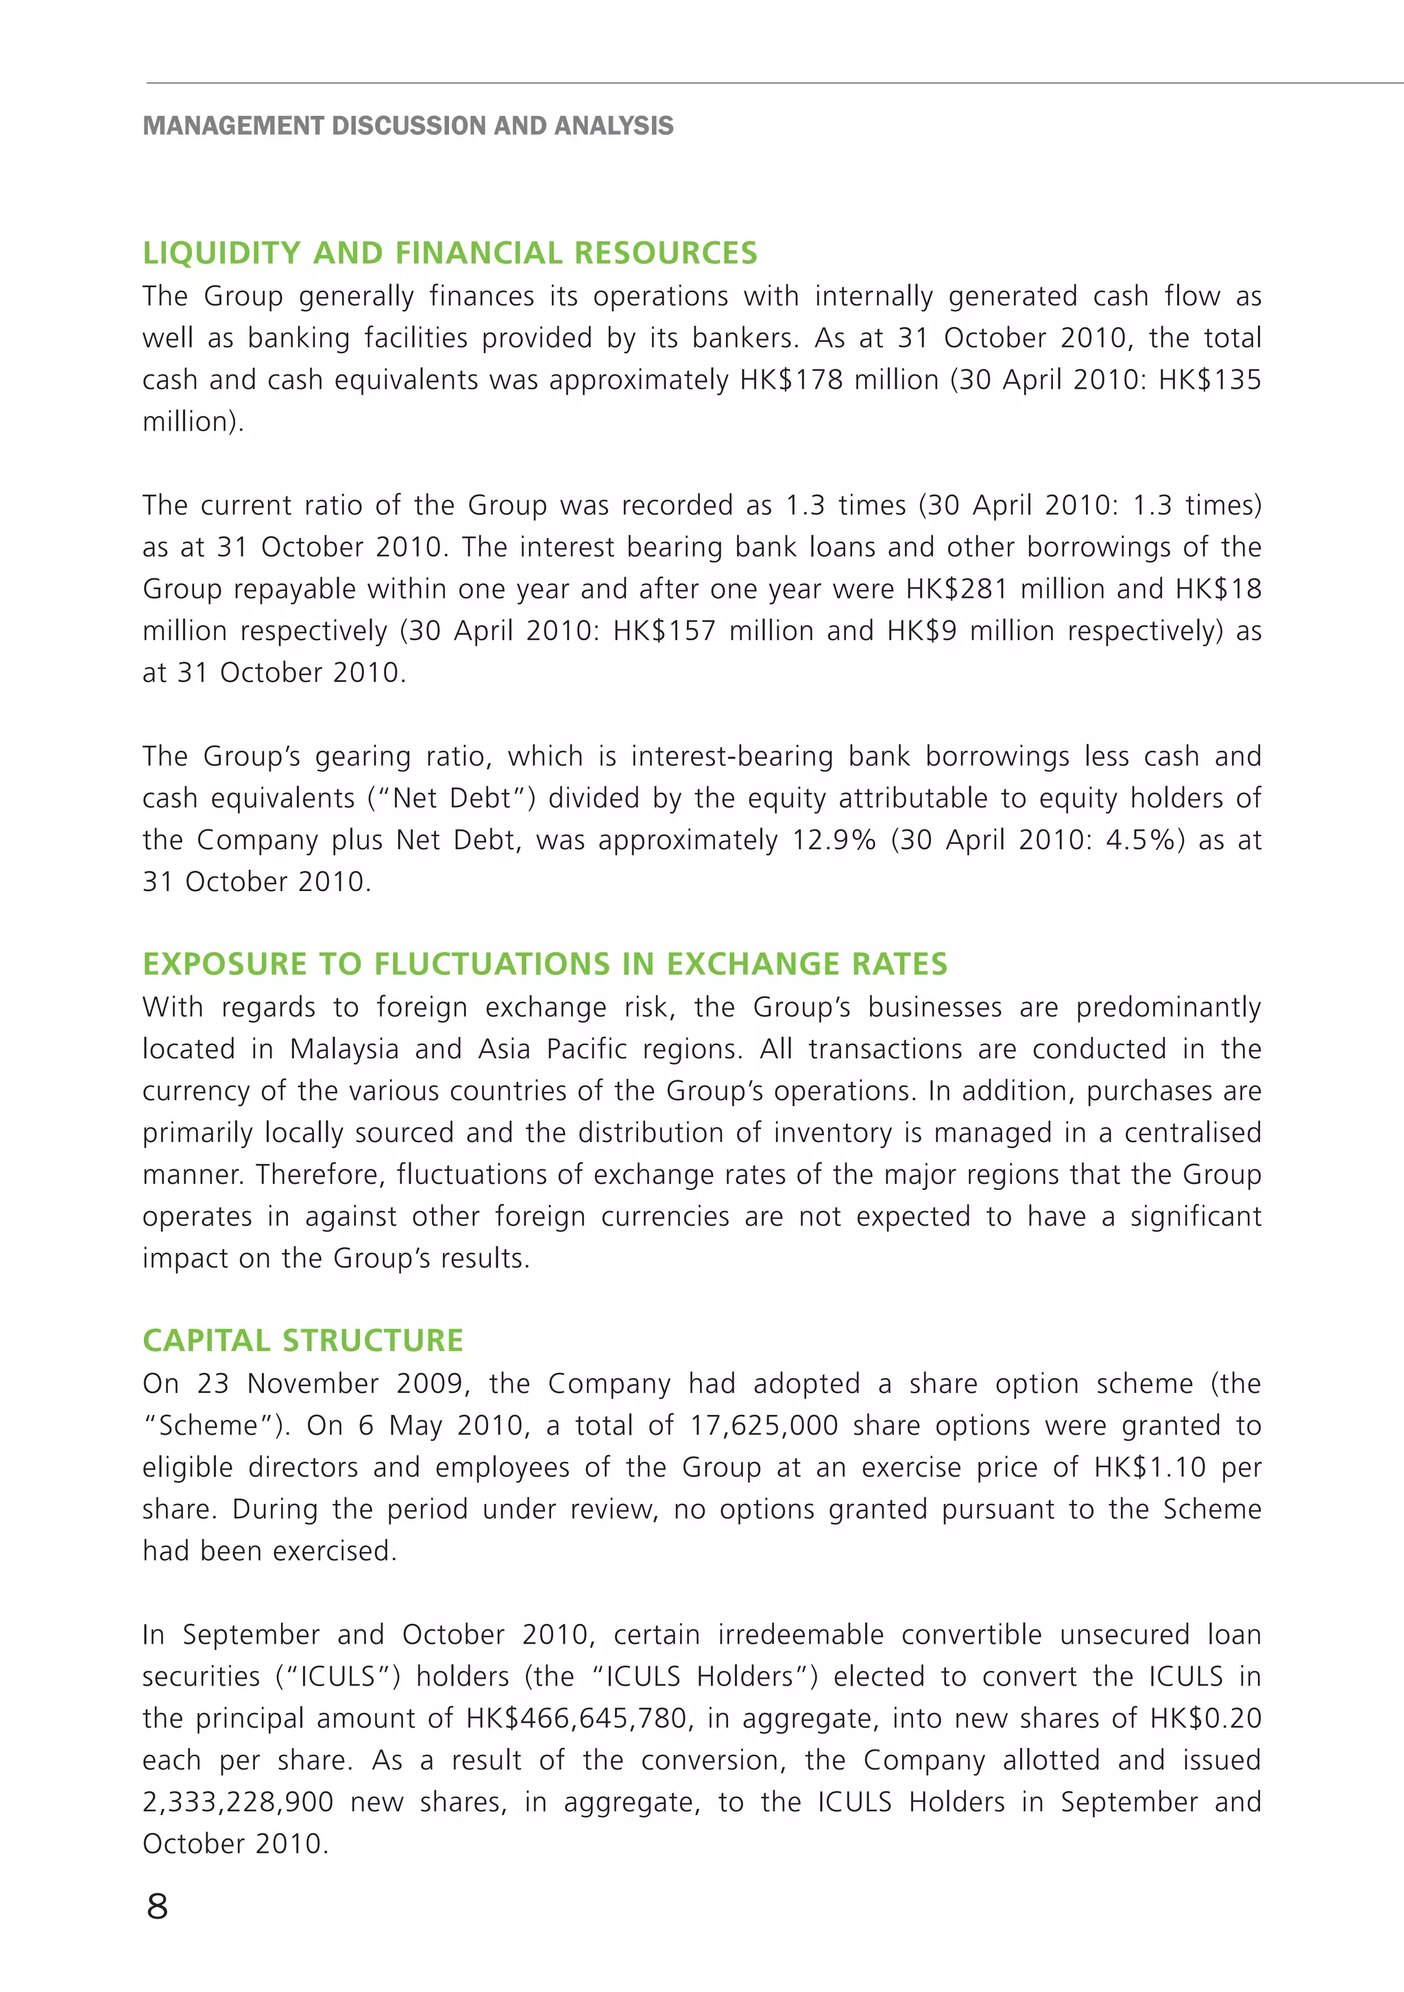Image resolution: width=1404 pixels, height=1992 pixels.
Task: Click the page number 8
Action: pos(158,1906)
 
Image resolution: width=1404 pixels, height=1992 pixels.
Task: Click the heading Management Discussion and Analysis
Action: pos(408,126)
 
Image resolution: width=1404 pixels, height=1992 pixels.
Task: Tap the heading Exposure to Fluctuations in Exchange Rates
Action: pos(544,964)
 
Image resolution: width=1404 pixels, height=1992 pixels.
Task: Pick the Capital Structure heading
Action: pos(303,1340)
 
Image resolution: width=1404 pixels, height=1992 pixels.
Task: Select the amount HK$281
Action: pos(956,589)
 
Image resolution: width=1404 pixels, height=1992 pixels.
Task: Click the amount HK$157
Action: pos(664,631)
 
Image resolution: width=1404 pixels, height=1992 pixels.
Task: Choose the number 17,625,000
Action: pos(764,1426)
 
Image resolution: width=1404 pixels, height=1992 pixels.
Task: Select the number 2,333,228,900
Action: pos(238,1802)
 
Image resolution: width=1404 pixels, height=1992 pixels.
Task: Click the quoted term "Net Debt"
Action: pos(451,798)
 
